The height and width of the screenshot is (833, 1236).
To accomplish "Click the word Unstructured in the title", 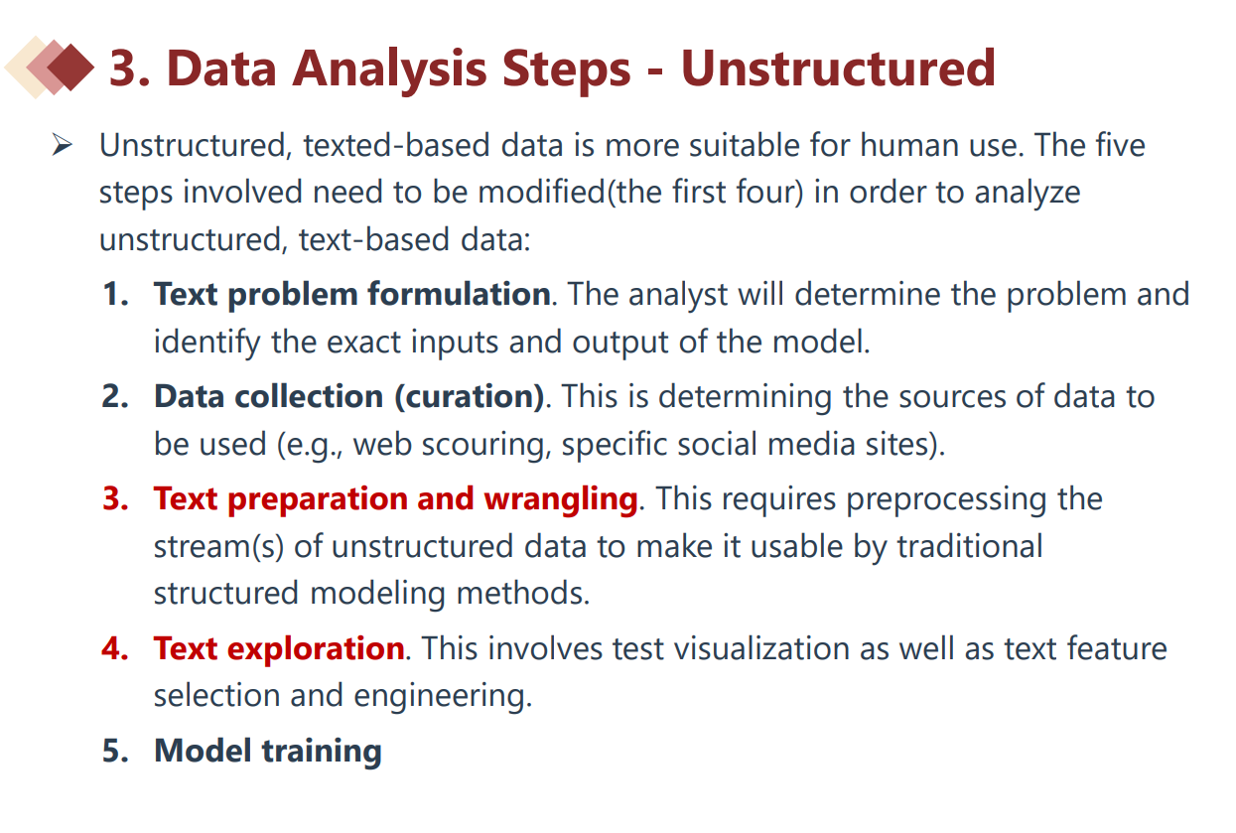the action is coord(838,69).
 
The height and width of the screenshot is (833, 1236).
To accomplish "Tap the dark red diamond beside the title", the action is coord(70,68).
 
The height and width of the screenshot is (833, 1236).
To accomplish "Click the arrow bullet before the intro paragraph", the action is coord(63,145).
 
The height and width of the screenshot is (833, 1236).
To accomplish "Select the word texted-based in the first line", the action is coord(396,145).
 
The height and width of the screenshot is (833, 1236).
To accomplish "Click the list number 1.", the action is coord(115,294).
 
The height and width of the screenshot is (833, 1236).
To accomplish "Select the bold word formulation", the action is coord(459,294).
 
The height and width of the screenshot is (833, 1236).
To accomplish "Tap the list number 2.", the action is coord(115,396).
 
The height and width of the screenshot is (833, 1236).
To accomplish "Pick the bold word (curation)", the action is coord(470,396).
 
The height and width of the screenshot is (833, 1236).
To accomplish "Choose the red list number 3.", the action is coord(115,498).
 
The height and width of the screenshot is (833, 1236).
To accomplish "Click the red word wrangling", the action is coord(561,499).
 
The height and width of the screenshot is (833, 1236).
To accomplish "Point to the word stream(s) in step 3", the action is coord(218,547).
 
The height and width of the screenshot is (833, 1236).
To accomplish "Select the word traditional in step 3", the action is coord(970,546).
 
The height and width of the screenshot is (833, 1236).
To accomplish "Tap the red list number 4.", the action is coord(115,648).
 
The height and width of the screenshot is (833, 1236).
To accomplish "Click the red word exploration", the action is coord(316,649).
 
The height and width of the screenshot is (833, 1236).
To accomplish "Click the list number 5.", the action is coord(115,751).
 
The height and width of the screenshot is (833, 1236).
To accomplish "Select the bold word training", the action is coord(322,752).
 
